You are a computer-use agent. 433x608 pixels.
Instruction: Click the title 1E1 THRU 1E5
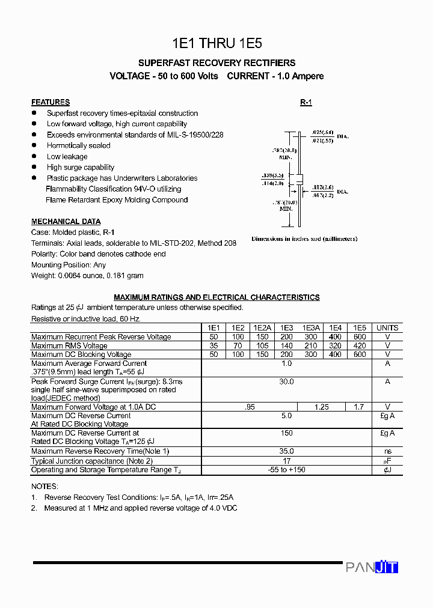point(216,43)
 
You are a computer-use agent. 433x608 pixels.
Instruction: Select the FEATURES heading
point(51,102)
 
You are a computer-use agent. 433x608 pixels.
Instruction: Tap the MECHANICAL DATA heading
point(66,222)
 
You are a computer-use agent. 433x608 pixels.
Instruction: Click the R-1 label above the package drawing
point(306,103)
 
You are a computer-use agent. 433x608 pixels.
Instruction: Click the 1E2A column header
point(262,328)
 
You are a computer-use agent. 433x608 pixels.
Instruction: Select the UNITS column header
point(387,328)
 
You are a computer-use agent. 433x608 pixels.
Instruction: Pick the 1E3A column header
point(311,328)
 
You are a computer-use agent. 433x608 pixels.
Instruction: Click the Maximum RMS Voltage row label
point(69,346)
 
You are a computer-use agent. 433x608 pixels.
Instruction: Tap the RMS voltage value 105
point(262,346)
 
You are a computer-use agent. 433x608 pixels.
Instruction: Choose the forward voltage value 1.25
point(322,407)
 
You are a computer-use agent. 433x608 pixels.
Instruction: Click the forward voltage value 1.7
point(359,407)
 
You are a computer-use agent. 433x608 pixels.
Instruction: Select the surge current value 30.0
point(286,382)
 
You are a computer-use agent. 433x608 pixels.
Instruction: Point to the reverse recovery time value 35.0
point(286,451)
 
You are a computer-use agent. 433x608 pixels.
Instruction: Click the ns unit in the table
point(387,451)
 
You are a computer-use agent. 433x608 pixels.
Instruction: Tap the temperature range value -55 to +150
point(286,470)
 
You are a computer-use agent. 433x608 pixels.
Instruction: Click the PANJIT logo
point(372,567)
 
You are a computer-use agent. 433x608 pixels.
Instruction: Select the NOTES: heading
point(45,487)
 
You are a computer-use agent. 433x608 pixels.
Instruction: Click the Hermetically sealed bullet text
point(78,146)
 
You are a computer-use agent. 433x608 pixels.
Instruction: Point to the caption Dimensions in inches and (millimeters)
point(304,239)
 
